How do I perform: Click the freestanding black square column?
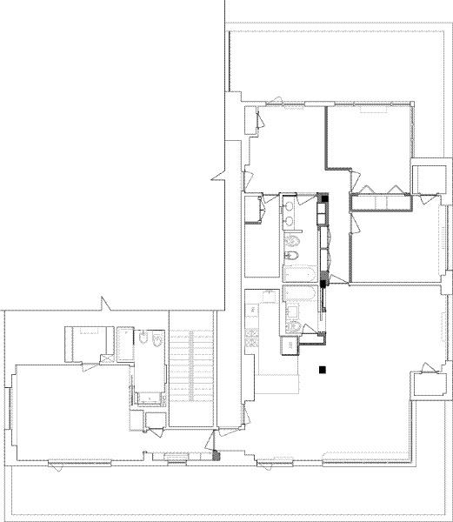tap(323, 370)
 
